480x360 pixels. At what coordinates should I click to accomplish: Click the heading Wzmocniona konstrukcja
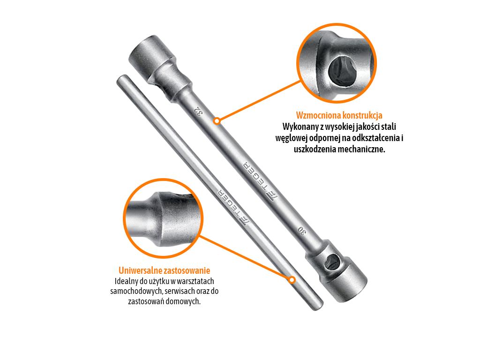click(339, 115)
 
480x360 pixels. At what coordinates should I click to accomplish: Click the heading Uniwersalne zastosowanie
click(165, 270)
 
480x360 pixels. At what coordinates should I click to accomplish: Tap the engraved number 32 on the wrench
click(199, 112)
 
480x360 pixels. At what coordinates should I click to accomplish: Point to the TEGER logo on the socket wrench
click(260, 182)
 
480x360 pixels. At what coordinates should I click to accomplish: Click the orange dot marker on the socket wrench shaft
click(217, 121)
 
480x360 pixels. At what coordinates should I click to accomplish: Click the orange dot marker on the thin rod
click(292, 280)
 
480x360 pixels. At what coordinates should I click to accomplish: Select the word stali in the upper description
click(389, 127)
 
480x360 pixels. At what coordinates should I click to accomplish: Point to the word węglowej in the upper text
click(291, 138)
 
